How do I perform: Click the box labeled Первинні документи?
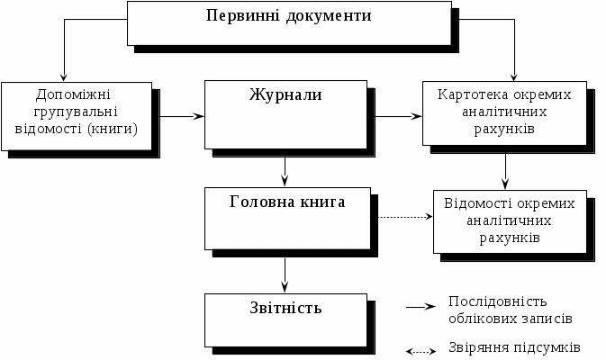(288, 22)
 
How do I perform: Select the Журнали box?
(285, 114)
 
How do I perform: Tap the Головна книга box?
(286, 217)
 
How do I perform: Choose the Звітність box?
(285, 318)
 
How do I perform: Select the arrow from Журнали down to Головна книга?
(285, 167)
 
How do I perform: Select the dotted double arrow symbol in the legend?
(421, 350)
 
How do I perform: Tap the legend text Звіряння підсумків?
(513, 347)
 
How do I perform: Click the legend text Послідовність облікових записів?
(510, 309)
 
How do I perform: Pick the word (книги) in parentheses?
(109, 128)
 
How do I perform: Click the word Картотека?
(471, 94)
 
